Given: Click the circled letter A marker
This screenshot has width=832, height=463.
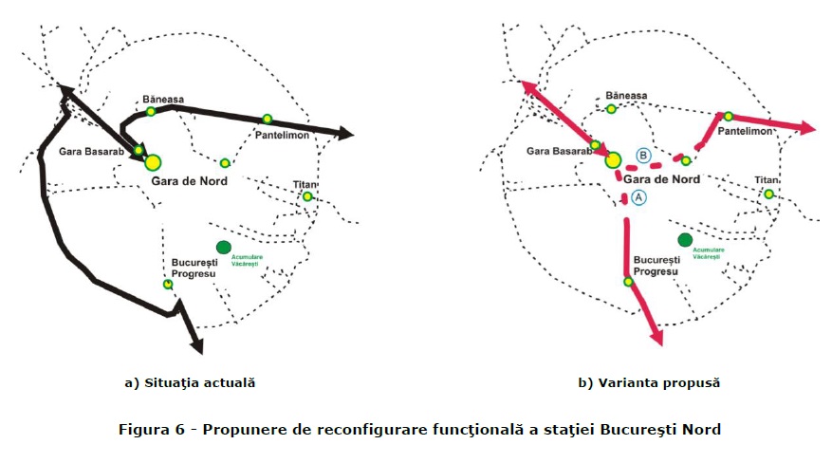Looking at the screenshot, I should point(638,196).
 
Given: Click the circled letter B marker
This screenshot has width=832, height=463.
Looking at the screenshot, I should point(642,156).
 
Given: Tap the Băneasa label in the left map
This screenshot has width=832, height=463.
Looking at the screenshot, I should point(163,99).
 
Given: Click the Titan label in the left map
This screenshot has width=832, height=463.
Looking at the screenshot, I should point(305,183).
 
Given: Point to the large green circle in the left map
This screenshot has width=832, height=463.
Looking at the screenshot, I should point(224,248).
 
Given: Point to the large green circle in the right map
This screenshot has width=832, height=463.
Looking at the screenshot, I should point(685,241).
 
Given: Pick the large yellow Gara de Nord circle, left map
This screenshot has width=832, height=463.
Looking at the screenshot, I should point(153,162).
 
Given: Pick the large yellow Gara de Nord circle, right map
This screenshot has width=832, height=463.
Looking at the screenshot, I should point(613,159).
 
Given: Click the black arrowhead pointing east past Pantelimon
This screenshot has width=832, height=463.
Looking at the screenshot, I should point(343,134).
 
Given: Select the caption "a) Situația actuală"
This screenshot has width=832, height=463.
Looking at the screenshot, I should point(190,383).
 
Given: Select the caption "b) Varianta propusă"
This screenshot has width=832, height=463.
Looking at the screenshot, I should point(649,383).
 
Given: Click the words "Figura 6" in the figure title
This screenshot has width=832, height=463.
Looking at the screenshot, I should point(150,429).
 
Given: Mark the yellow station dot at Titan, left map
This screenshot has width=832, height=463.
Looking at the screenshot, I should point(307,197).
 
